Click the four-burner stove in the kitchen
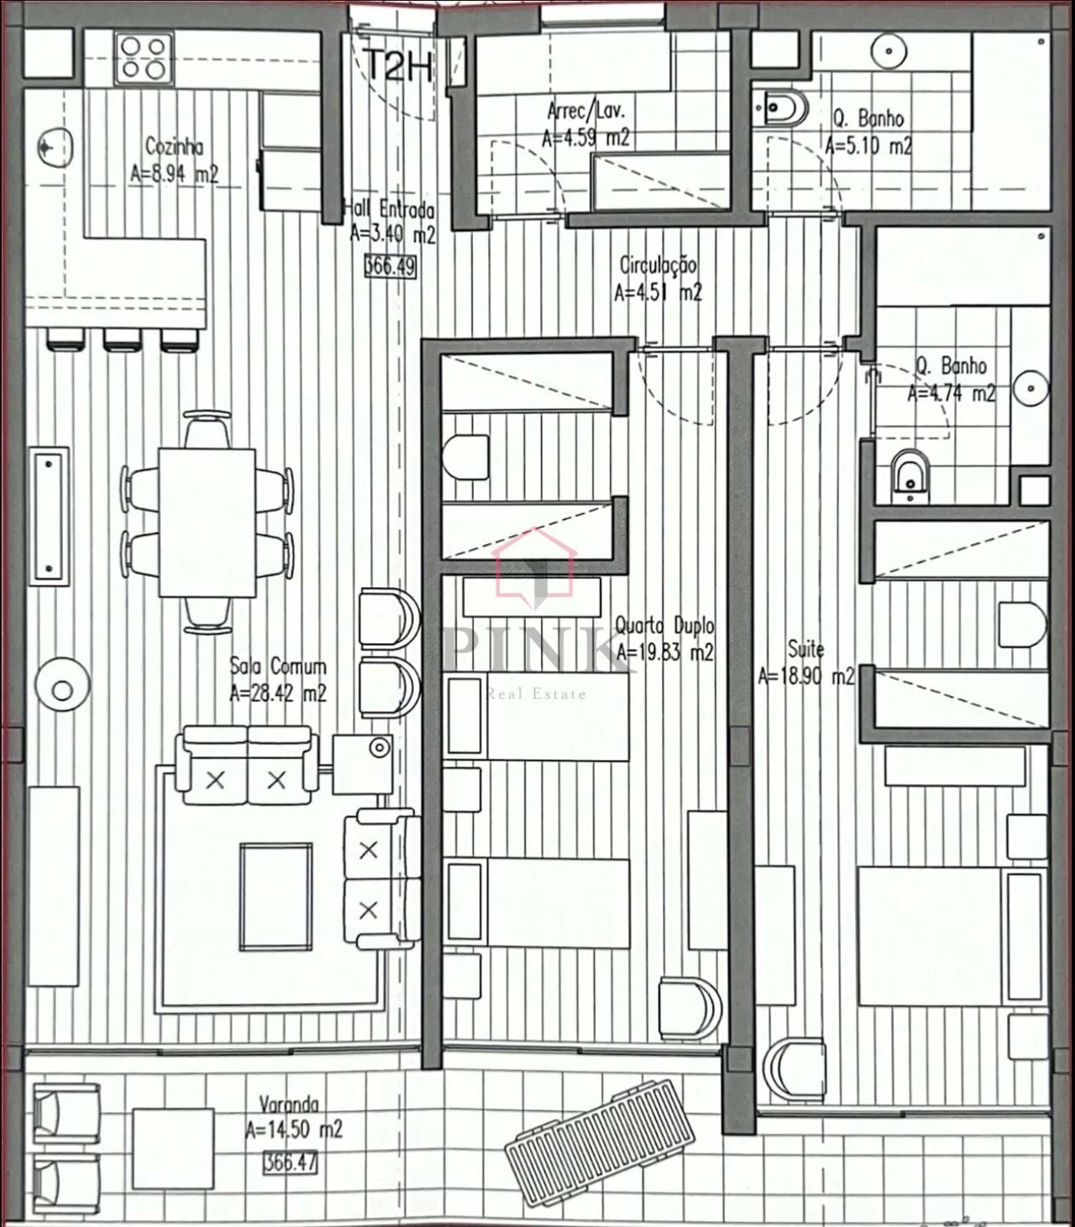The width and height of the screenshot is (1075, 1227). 143,58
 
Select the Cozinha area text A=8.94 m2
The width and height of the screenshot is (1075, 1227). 174,174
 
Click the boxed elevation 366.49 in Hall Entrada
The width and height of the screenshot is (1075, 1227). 390,266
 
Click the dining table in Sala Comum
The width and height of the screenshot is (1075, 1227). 207,522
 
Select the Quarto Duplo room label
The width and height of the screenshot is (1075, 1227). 664,626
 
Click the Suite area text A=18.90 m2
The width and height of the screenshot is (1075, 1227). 805,676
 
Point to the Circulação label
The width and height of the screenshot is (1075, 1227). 658,265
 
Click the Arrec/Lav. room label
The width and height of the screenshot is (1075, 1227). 585,111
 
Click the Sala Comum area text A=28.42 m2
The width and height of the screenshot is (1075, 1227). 277,694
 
